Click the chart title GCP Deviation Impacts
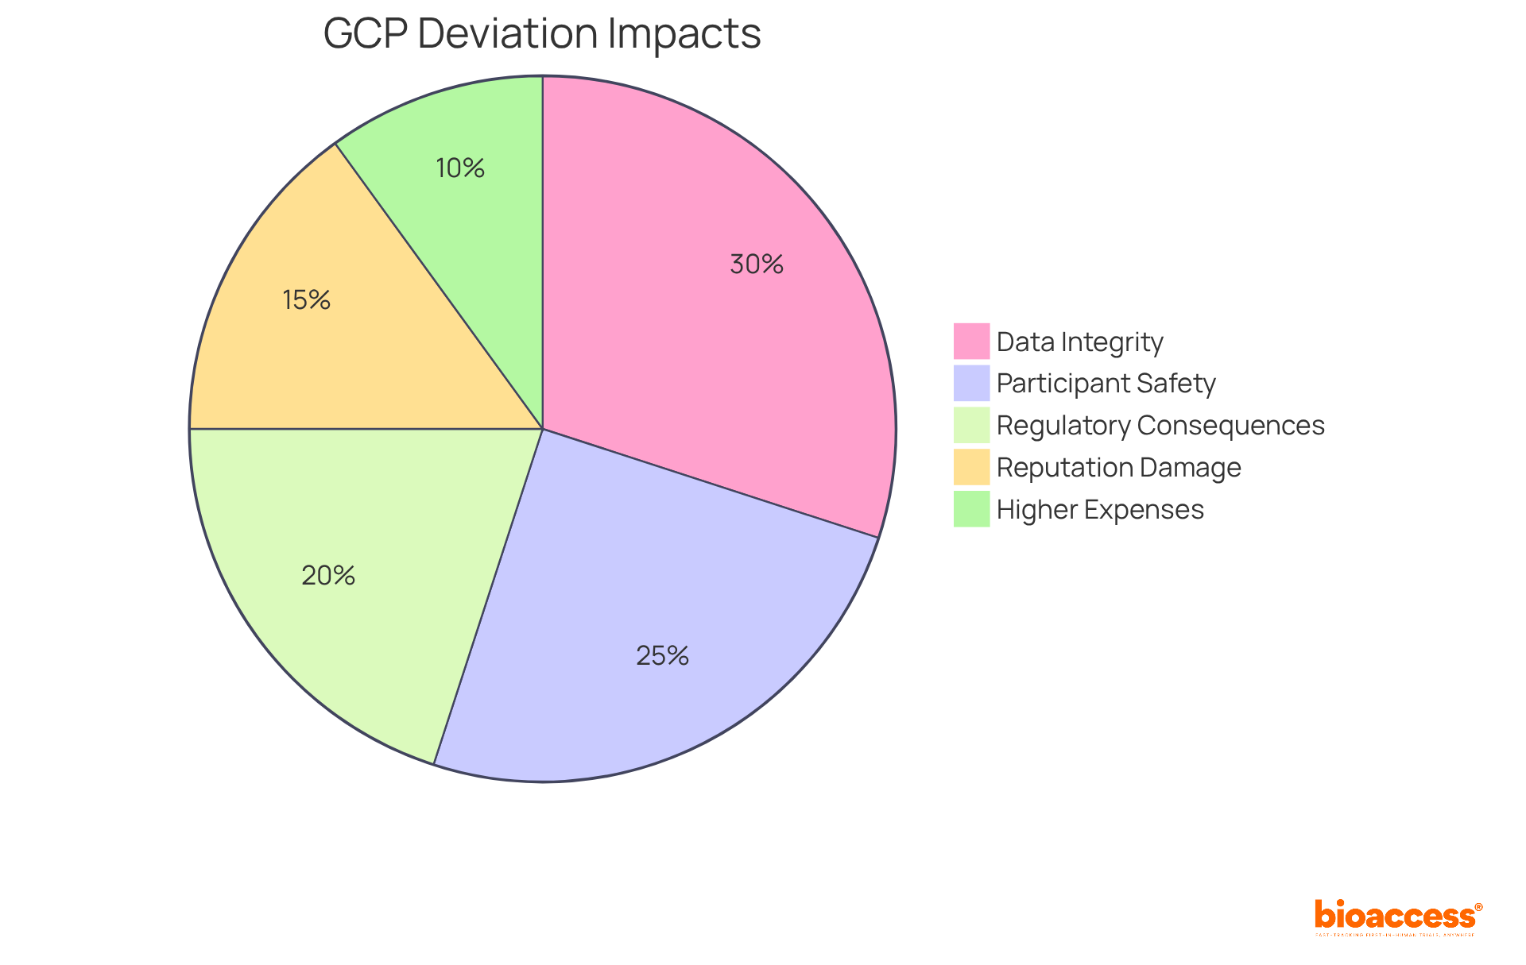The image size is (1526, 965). pos(542,34)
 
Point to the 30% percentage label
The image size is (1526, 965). pos(757,264)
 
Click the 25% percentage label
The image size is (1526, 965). pos(662,656)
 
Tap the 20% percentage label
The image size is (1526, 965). pos(328,576)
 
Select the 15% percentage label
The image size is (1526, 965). pos(306,300)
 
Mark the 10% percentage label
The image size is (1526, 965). pos(460,168)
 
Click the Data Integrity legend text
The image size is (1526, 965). pos(1079,342)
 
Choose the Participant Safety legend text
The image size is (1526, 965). pos(1106,384)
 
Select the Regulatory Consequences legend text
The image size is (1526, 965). pos(1160,426)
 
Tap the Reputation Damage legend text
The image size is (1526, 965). pos(1118,468)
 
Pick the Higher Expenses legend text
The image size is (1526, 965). pos(1100,510)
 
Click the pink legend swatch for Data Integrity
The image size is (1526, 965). pos(971,342)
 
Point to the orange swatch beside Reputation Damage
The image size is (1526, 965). pos(971,467)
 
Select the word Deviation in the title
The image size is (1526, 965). pos(508,34)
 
